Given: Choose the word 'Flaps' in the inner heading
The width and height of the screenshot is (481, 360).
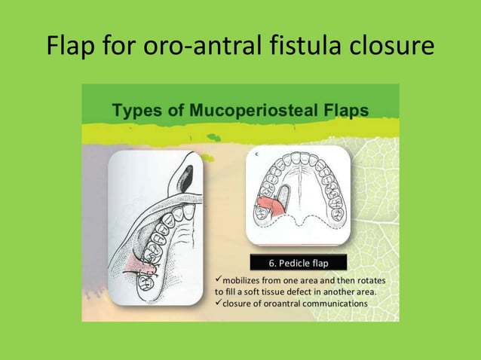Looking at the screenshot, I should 344,111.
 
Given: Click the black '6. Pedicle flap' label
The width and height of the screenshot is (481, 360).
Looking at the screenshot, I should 298,263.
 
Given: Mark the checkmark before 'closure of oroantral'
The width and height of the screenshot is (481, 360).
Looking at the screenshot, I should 219,303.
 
